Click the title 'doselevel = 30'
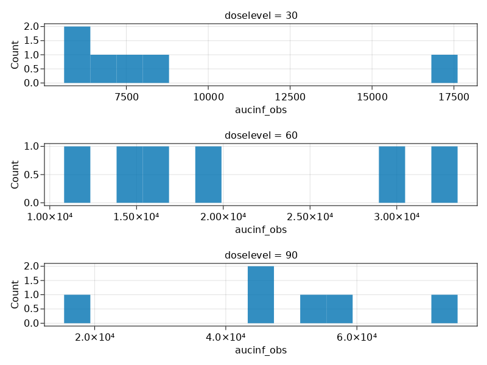[x=261, y=15]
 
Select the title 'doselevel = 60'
[x=261, y=135]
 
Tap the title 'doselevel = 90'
[x=261, y=255]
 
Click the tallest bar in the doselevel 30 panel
[x=77, y=55]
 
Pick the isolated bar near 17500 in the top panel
[x=444, y=69]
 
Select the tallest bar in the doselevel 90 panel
[x=261, y=294]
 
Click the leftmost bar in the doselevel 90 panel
[x=77, y=308]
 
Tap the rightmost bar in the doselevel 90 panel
[x=444, y=308]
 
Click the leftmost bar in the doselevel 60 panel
[x=77, y=175]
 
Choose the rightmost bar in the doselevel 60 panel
[x=444, y=175]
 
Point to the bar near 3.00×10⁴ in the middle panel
[x=392, y=175]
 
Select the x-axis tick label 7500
[x=126, y=97]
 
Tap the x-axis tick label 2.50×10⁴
[x=310, y=217]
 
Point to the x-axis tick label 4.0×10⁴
[x=225, y=336]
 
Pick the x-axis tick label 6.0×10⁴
[x=356, y=336]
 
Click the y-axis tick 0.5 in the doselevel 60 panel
[x=32, y=175]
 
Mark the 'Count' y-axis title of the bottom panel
[x=15, y=294]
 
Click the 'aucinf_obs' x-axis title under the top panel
[x=261, y=110]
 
